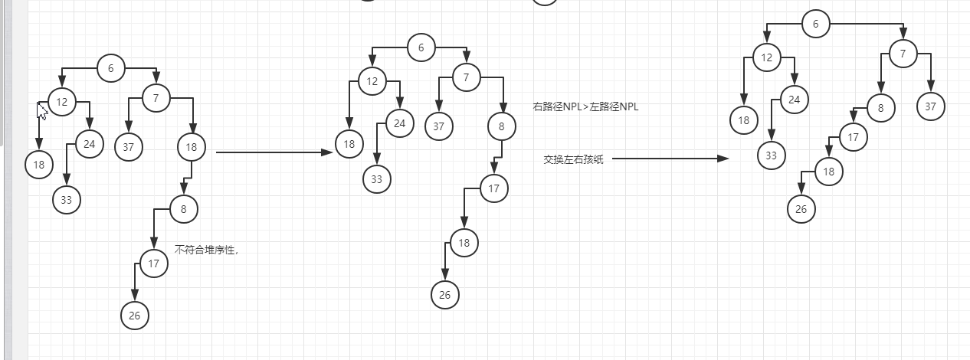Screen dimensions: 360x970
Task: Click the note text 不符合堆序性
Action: coord(206,250)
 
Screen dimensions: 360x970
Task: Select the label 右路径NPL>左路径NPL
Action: coord(585,107)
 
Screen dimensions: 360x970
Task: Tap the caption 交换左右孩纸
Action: coord(573,159)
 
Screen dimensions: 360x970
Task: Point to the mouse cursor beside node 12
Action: coord(42,111)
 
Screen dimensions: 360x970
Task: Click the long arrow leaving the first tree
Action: coord(274,152)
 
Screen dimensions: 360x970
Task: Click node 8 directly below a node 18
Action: coord(184,208)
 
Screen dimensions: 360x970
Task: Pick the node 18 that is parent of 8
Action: coord(191,146)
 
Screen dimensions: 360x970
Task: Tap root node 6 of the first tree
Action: coord(111,68)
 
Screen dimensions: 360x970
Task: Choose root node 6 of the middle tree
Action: coord(421,47)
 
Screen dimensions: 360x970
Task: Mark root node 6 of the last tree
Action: coord(815,24)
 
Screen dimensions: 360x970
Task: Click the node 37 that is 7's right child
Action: coord(930,106)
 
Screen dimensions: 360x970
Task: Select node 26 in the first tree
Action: coord(135,315)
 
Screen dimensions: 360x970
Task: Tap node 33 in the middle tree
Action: coord(376,178)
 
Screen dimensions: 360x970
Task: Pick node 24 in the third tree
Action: coord(795,99)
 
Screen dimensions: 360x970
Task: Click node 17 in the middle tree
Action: coord(494,188)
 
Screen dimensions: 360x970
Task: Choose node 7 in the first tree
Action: coord(156,98)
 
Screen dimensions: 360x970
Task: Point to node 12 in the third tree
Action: coord(766,57)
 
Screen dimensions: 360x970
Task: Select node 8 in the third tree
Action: coord(881,108)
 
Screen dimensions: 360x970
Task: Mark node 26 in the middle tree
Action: coord(444,294)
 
